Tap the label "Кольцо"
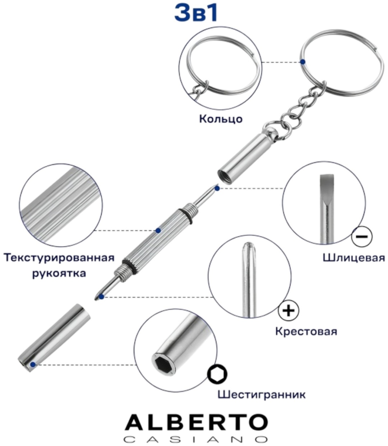point(221,119)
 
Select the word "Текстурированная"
point(59,258)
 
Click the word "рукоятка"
point(59,274)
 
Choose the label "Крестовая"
point(306,331)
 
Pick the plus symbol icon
point(288,310)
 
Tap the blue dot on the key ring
point(302,62)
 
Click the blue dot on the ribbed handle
point(158,231)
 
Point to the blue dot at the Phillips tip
point(101,297)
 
